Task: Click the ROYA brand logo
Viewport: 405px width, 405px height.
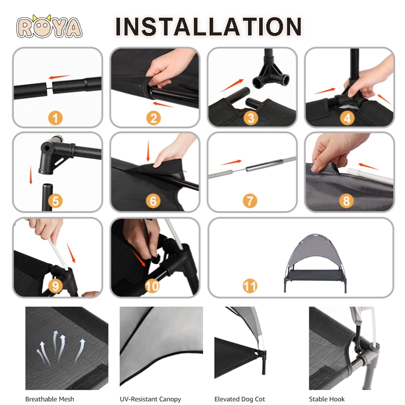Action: click(x=49, y=27)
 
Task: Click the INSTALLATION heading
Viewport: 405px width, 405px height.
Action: click(x=209, y=26)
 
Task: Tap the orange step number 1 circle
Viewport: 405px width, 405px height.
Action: click(x=55, y=118)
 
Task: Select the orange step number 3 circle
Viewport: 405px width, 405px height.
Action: click(x=251, y=118)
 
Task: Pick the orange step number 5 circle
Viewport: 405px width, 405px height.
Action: click(x=55, y=200)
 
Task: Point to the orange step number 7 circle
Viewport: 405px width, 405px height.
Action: click(x=250, y=200)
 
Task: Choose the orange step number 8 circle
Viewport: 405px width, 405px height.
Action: click(x=346, y=200)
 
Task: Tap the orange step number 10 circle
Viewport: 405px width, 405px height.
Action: click(x=152, y=286)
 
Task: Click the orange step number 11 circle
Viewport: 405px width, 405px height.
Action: click(x=250, y=286)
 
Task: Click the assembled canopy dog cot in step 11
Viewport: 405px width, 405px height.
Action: click(x=315, y=263)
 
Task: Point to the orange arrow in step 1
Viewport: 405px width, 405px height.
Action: click(x=60, y=77)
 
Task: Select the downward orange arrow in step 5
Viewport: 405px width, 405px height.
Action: click(x=31, y=175)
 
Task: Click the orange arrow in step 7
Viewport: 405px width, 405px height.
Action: click(x=231, y=163)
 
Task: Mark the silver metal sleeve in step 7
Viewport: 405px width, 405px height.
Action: click(x=262, y=166)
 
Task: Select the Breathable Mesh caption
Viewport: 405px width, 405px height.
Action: click(x=50, y=399)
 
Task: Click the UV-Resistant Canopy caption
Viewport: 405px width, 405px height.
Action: click(x=150, y=399)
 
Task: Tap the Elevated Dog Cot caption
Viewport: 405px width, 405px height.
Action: click(x=239, y=399)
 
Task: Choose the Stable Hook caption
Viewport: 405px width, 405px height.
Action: click(x=327, y=399)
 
